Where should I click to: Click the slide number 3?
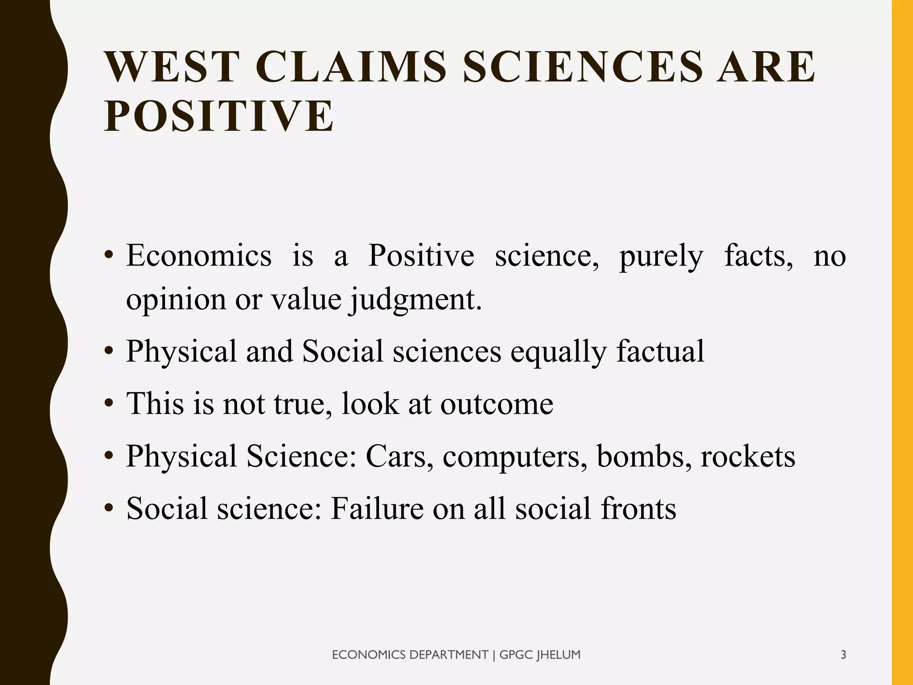point(843,655)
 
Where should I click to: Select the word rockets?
point(748,456)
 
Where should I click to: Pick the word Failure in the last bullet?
point(377,508)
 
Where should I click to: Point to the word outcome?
point(497,404)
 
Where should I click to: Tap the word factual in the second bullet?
point(660,351)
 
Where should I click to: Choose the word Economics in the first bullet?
point(199,256)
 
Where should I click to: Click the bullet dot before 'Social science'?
point(108,509)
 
